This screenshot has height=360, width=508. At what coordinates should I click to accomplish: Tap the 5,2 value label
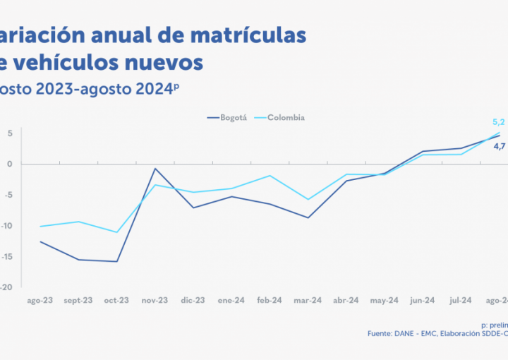tap(499, 122)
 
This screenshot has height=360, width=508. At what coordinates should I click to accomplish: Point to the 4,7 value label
tap(499, 146)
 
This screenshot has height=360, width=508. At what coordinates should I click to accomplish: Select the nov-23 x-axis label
tap(155, 300)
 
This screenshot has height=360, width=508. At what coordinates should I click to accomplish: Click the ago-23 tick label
tap(40, 300)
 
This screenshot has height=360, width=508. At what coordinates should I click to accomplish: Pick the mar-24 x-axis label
tap(308, 300)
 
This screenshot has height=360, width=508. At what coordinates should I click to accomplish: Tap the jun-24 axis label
tap(423, 300)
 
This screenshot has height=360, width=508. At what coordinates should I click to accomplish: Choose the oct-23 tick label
tap(116, 300)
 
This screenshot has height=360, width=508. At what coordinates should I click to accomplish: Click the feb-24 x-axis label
tap(270, 300)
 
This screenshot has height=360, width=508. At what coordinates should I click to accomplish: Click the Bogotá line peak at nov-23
tap(155, 169)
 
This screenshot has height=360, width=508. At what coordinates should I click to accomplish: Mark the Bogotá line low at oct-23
tap(116, 261)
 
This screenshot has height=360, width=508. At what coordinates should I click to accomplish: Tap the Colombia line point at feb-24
tap(270, 176)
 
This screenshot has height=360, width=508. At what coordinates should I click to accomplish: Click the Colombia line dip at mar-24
tap(308, 199)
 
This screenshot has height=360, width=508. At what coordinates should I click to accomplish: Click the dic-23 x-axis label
tap(193, 300)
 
